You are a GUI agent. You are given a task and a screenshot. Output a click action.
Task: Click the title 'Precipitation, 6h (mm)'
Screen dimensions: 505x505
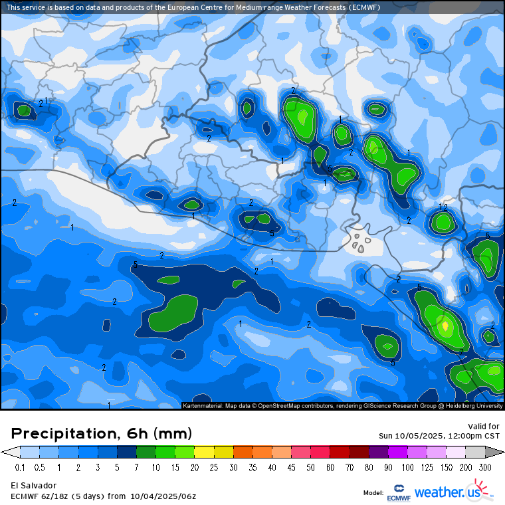[x=102, y=434]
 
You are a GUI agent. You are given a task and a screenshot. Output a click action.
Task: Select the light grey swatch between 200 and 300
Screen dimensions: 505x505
[x=478, y=452]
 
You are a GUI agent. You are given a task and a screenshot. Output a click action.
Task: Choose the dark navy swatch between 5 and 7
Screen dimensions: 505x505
[x=128, y=452]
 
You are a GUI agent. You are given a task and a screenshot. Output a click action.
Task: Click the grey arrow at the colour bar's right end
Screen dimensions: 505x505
[x=495, y=452]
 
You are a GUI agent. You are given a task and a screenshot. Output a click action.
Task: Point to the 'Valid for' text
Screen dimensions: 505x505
[x=484, y=427]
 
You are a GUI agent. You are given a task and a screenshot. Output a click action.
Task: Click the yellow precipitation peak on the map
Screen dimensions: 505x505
[x=445, y=326]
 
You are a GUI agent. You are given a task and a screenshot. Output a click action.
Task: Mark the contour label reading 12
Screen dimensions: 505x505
[x=443, y=208]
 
